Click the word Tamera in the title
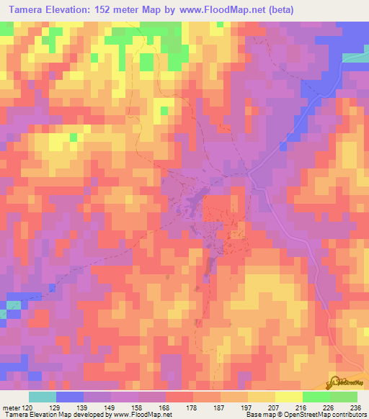[30, 11]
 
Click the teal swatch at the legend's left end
[43, 397]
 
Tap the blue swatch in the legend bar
[70, 397]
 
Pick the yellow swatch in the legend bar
[289, 397]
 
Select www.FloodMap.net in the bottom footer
[143, 415]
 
